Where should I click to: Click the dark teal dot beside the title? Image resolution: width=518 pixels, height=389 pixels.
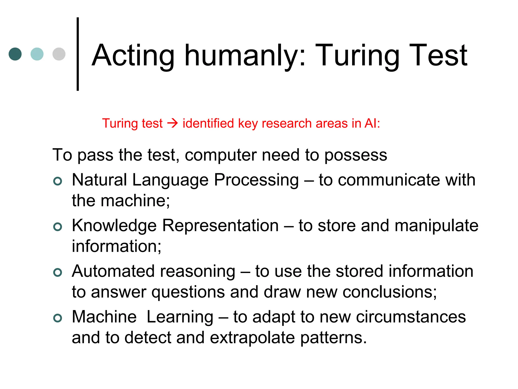[x=15, y=54]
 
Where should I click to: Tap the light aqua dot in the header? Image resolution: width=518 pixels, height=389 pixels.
[x=37, y=54]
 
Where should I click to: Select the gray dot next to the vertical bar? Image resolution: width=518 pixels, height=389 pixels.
[x=59, y=54]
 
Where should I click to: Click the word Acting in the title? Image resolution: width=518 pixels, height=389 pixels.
[x=133, y=56]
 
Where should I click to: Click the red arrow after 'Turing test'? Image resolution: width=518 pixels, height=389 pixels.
[x=173, y=124]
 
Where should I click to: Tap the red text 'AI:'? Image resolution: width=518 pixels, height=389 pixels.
[x=372, y=123]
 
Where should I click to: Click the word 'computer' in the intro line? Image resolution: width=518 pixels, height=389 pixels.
[x=220, y=155]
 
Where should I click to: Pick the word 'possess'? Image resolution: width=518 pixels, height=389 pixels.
[x=356, y=155]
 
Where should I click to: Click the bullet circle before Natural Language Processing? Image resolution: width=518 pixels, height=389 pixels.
[x=58, y=181]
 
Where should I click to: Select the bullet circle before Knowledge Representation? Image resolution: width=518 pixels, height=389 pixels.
[x=58, y=226]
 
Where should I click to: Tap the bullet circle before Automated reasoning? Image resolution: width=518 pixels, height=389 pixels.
[x=58, y=272]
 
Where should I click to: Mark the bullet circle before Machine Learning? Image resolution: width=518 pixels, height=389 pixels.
[x=58, y=318]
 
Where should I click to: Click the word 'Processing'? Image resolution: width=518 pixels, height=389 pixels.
[x=256, y=180]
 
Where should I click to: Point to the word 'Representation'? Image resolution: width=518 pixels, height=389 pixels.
[x=220, y=225]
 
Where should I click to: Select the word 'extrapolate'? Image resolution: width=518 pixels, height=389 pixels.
[x=252, y=338]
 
